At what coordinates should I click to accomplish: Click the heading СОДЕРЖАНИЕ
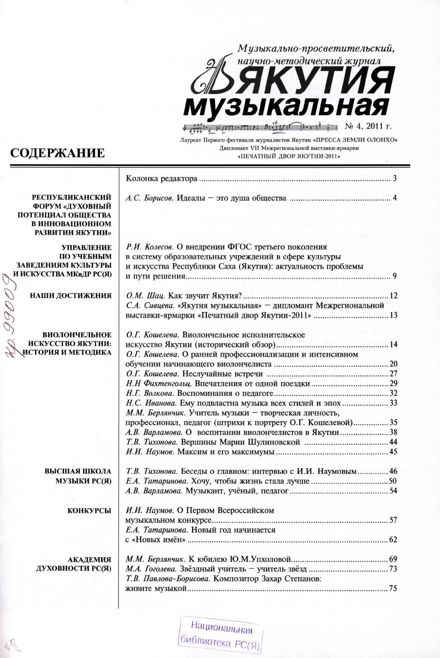[x=57, y=153]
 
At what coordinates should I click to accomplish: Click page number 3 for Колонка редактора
[x=395, y=179]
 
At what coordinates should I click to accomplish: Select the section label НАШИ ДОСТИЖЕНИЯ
[x=71, y=296]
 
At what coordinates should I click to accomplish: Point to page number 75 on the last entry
[x=393, y=588]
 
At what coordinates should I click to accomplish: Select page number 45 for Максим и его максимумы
[x=393, y=452]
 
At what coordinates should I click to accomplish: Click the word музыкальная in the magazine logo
[x=285, y=106]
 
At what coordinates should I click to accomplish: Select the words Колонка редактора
[x=162, y=179]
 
